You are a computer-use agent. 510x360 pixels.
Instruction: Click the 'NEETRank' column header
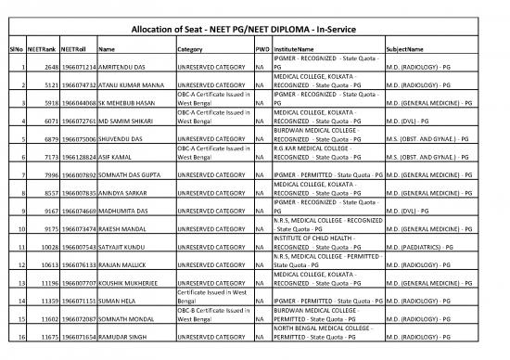point(45,48)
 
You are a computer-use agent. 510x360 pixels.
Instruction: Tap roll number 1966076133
point(79,284)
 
